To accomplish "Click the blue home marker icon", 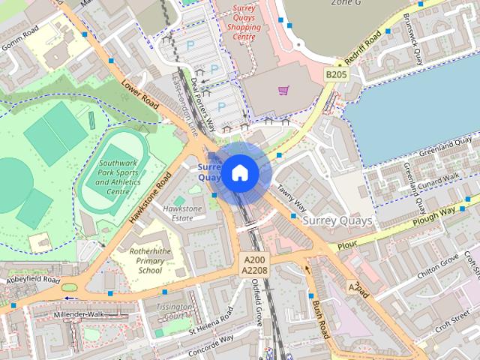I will point(239,172).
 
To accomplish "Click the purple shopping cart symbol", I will point(283,91).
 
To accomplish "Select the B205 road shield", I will point(335,75).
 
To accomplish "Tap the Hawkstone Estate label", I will point(182,213).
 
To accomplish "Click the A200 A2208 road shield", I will point(254,264).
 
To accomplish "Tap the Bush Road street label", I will point(319,316).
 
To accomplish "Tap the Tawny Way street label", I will point(290,196).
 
